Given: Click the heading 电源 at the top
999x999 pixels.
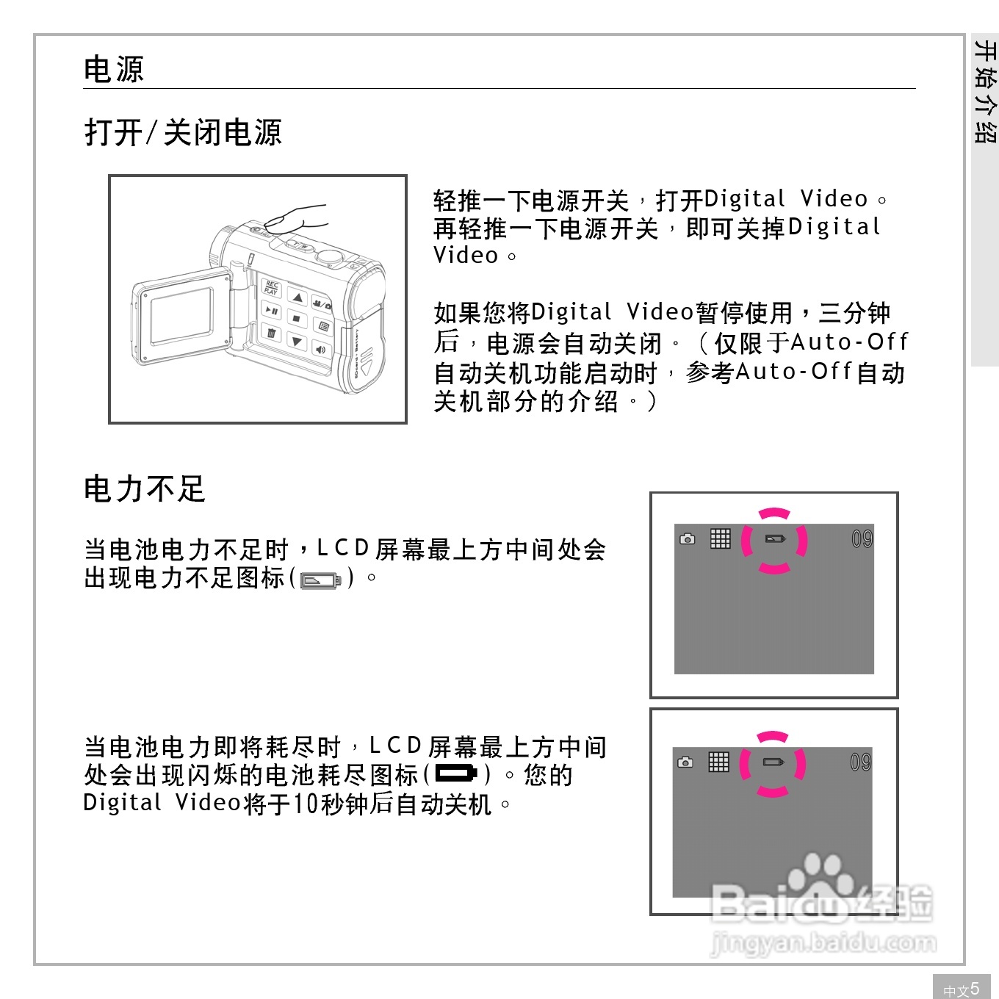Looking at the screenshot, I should click(x=114, y=70).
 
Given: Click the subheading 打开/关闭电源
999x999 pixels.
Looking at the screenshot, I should click(x=183, y=133).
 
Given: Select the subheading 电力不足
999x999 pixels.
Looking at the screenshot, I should click(x=144, y=489).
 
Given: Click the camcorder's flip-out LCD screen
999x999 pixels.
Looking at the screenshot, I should click(x=181, y=316).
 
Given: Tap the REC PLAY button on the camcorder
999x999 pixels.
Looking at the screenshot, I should click(x=271, y=287).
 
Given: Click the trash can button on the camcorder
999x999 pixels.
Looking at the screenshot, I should click(x=271, y=334).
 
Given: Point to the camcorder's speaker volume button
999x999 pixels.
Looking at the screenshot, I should click(x=321, y=350).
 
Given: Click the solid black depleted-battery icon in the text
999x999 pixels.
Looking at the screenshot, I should click(x=456, y=773).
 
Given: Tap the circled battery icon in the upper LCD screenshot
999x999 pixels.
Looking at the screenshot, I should click(x=775, y=539).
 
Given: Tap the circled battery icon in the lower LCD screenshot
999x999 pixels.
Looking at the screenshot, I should click(x=773, y=762).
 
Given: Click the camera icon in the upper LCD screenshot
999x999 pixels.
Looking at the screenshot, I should click(x=688, y=539).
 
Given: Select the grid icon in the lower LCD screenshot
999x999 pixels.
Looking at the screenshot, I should click(x=718, y=762).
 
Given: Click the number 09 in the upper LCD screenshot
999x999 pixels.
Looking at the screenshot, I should click(x=862, y=540).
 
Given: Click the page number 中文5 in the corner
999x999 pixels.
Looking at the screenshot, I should click(x=962, y=989).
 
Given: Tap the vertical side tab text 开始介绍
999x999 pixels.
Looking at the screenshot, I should click(x=985, y=92).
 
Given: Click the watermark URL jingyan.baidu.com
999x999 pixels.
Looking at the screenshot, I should click(x=823, y=942).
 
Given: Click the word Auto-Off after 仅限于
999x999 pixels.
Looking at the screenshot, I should click(x=849, y=342).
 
